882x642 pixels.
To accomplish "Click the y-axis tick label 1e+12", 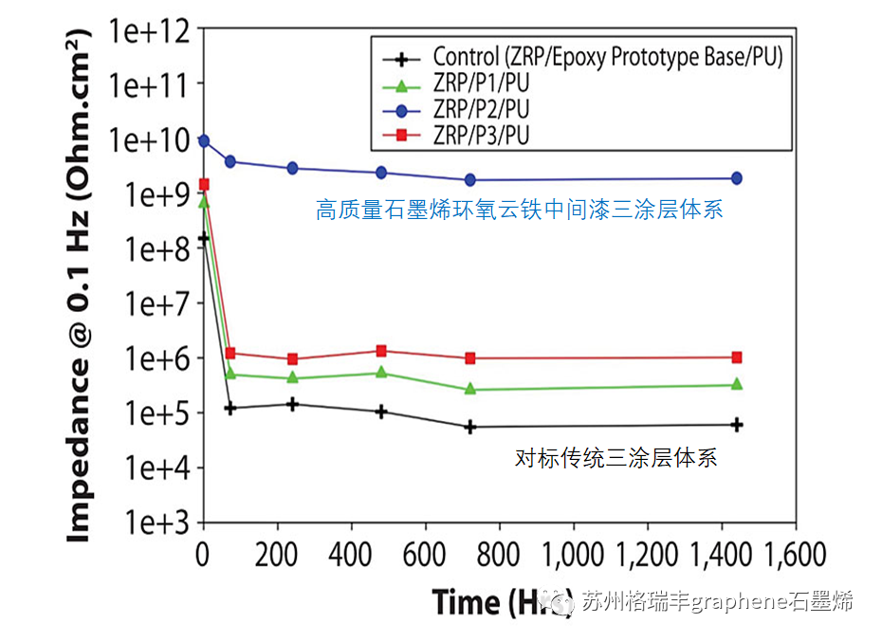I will tap(148, 29).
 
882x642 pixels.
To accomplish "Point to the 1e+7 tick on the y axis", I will tap(148, 303).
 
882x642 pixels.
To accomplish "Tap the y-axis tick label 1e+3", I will tap(148, 523).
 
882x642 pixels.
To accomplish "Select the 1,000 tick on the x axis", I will tap(576, 554).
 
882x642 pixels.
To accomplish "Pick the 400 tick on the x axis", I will tap(352, 554).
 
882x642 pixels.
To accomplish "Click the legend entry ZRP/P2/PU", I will tap(480, 109).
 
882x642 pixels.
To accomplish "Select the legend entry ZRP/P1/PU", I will tap(480, 83).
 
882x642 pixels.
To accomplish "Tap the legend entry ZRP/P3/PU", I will tap(480, 136).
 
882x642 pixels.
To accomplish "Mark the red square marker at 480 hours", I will tap(381, 351).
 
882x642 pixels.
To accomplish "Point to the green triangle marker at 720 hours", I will tap(470, 389).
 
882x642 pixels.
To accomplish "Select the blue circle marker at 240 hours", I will tap(292, 168).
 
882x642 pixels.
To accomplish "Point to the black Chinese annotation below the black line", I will tap(616, 459).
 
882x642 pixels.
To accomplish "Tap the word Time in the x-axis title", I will tap(467, 602).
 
